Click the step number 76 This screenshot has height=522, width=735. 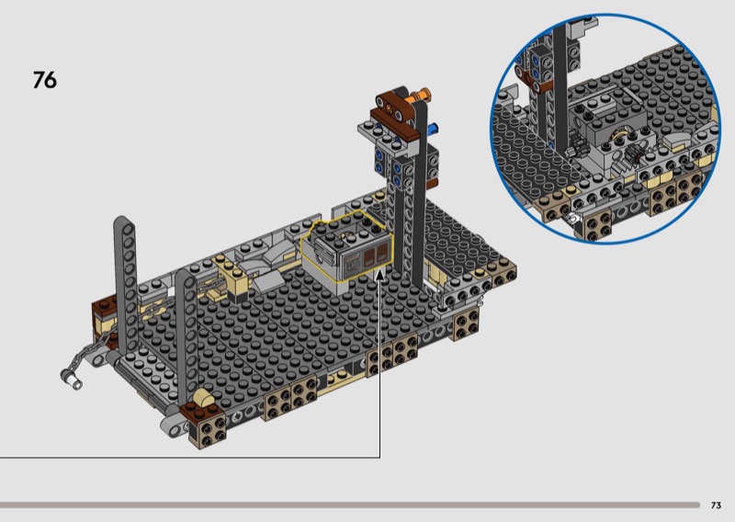[45, 80]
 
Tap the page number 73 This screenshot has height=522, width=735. [716, 505]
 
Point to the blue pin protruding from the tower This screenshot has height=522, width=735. [433, 127]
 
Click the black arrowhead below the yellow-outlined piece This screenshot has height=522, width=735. [380, 275]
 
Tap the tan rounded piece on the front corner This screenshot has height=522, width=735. [203, 398]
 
